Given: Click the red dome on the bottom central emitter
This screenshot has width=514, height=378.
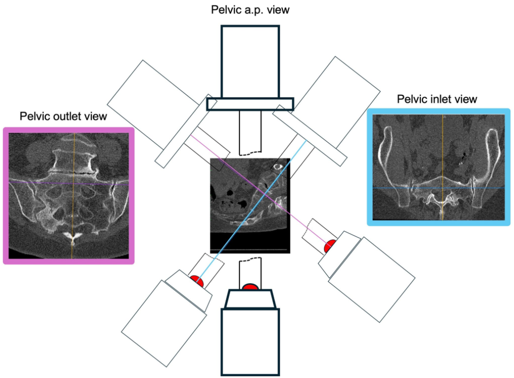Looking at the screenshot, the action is (x=251, y=287).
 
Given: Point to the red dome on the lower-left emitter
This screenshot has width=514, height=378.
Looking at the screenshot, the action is (x=198, y=281).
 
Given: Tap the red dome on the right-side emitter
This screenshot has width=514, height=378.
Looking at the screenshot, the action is (x=330, y=246).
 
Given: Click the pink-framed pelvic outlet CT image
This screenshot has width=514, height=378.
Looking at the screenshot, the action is (x=69, y=196).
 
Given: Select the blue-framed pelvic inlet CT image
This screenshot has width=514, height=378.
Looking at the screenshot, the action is (x=439, y=167).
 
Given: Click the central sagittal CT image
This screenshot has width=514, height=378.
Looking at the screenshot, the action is (x=250, y=206).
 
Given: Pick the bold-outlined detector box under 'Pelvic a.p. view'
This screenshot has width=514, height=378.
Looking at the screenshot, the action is (x=250, y=61).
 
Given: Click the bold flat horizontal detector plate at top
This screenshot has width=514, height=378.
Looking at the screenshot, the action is (x=250, y=104).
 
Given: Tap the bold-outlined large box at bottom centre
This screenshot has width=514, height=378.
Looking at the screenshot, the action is (x=250, y=342).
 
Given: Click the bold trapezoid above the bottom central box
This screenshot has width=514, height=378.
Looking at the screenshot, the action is (x=250, y=299).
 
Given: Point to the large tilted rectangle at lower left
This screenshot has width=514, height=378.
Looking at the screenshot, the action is (x=164, y=323).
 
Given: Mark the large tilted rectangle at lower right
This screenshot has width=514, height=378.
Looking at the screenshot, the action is (x=372, y=280).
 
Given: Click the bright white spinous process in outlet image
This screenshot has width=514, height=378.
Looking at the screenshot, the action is (x=73, y=237).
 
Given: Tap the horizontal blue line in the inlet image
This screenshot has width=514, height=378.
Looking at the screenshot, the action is (x=439, y=188).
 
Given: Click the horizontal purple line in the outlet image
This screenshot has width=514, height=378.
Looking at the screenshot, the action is (x=69, y=183).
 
